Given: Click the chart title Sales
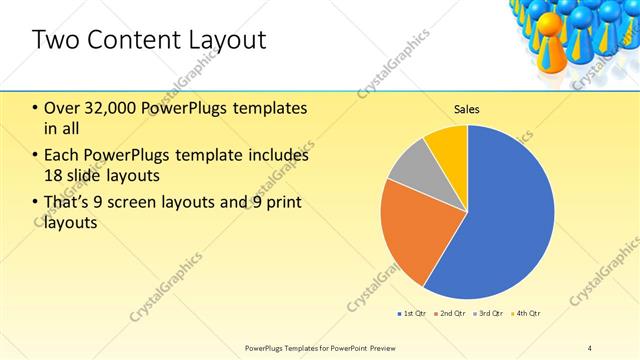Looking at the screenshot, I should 467,108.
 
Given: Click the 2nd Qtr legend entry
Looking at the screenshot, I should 453,314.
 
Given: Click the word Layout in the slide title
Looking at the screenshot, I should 226,40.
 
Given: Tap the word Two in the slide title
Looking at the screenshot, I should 53,40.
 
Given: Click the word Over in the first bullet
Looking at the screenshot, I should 62,109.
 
